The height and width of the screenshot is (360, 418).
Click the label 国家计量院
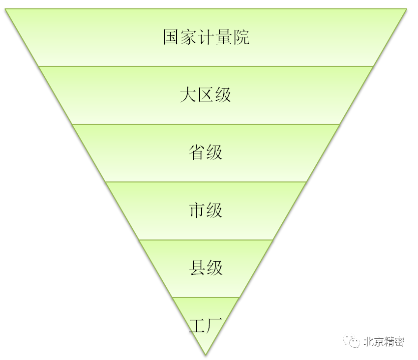206,37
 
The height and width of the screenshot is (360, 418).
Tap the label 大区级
206,95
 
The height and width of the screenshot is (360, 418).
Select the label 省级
206,152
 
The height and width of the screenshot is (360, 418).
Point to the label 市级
206,210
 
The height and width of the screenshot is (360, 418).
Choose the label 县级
206,268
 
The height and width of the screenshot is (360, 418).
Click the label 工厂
206,325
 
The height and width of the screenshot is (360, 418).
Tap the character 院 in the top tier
241,37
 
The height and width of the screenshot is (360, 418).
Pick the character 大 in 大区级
188,95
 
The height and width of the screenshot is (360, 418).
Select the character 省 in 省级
197,152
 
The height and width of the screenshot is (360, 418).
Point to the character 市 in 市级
197,210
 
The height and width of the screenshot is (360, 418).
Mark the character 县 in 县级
197,268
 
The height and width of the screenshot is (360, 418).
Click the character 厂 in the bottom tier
215,325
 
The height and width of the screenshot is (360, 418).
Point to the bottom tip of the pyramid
206,355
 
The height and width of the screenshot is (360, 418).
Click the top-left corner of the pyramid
6,9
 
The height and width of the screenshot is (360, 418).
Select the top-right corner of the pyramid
406,9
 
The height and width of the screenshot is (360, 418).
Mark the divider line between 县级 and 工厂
206,298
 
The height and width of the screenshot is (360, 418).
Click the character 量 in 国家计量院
224,37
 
